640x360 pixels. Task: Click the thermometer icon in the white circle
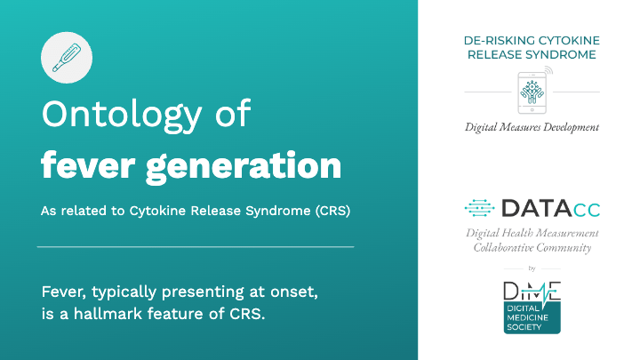click(x=67, y=58)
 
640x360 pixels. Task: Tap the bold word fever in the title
click(x=88, y=165)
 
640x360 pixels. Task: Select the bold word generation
click(x=244, y=167)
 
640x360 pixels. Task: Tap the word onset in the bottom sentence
click(x=294, y=292)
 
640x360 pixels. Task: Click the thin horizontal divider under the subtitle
click(x=196, y=246)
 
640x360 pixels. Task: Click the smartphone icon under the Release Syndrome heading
click(x=532, y=92)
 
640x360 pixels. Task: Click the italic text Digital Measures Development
click(x=532, y=127)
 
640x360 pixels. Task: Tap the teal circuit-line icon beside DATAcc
click(x=480, y=208)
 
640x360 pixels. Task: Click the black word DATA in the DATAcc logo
click(x=536, y=208)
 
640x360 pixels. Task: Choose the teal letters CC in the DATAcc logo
click(x=587, y=210)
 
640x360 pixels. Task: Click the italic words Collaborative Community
click(x=532, y=247)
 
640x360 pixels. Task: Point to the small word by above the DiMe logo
click(x=532, y=268)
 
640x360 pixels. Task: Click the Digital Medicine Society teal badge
click(x=532, y=317)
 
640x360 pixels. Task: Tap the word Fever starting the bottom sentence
click(x=64, y=292)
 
